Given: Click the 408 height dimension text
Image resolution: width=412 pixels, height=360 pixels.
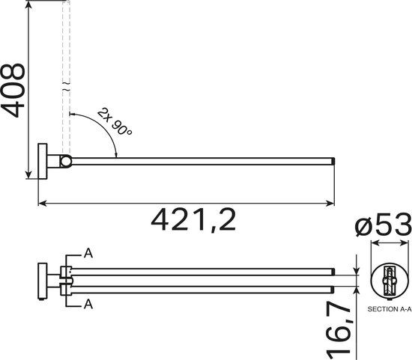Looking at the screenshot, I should pyautogui.click(x=14, y=89).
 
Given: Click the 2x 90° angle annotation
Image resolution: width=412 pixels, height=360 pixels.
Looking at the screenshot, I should pyautogui.click(x=115, y=120).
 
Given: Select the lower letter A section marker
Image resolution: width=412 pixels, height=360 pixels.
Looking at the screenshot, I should pyautogui.click(x=88, y=304).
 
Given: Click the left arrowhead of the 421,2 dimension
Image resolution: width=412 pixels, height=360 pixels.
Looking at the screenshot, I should pyautogui.click(x=42, y=202).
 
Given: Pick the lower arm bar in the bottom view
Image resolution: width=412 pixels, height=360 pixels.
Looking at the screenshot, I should pyautogui.click(x=202, y=288).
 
